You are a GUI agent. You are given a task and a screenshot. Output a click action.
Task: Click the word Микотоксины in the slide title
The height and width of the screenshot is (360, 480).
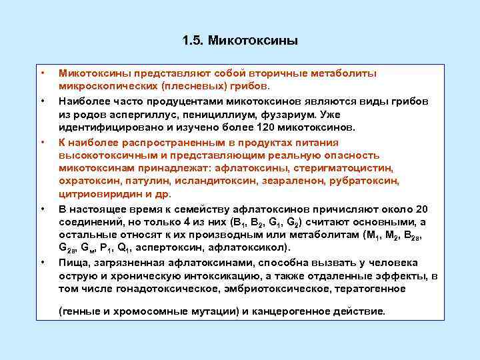point(253,41)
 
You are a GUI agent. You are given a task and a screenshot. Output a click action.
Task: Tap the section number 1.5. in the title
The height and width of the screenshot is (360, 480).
point(193,41)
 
